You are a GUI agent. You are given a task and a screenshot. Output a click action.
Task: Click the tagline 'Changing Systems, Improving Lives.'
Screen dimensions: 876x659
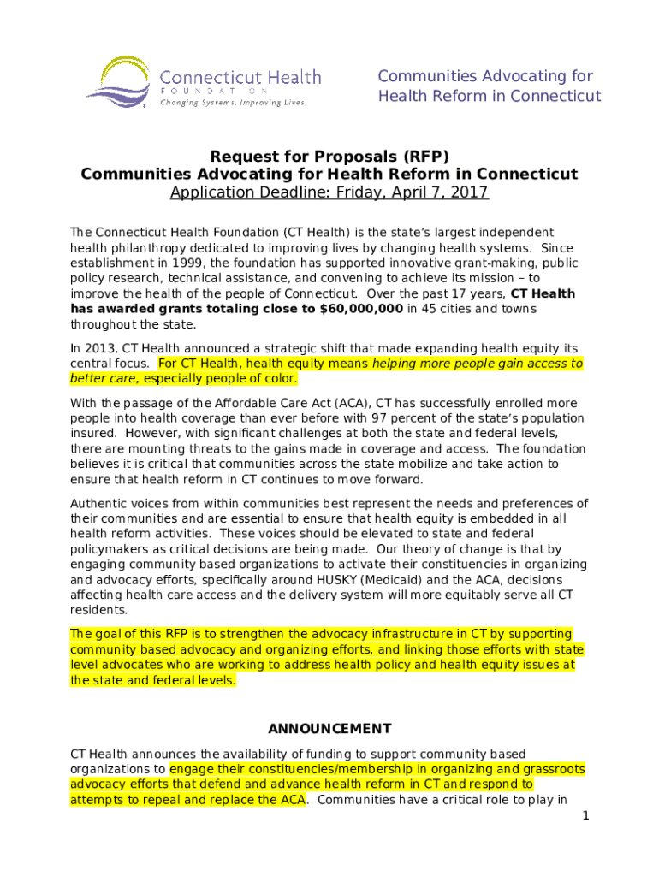point(233,102)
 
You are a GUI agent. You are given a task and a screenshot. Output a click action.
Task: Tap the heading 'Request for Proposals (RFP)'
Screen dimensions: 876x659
point(329,157)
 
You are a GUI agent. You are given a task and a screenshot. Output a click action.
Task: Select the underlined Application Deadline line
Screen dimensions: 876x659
point(329,192)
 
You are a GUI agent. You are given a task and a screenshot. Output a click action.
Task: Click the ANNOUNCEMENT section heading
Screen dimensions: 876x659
point(329,729)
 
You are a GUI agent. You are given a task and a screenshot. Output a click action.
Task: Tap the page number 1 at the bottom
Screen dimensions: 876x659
point(585,816)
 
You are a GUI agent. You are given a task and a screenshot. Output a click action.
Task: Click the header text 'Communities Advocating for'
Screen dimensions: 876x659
point(485,77)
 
